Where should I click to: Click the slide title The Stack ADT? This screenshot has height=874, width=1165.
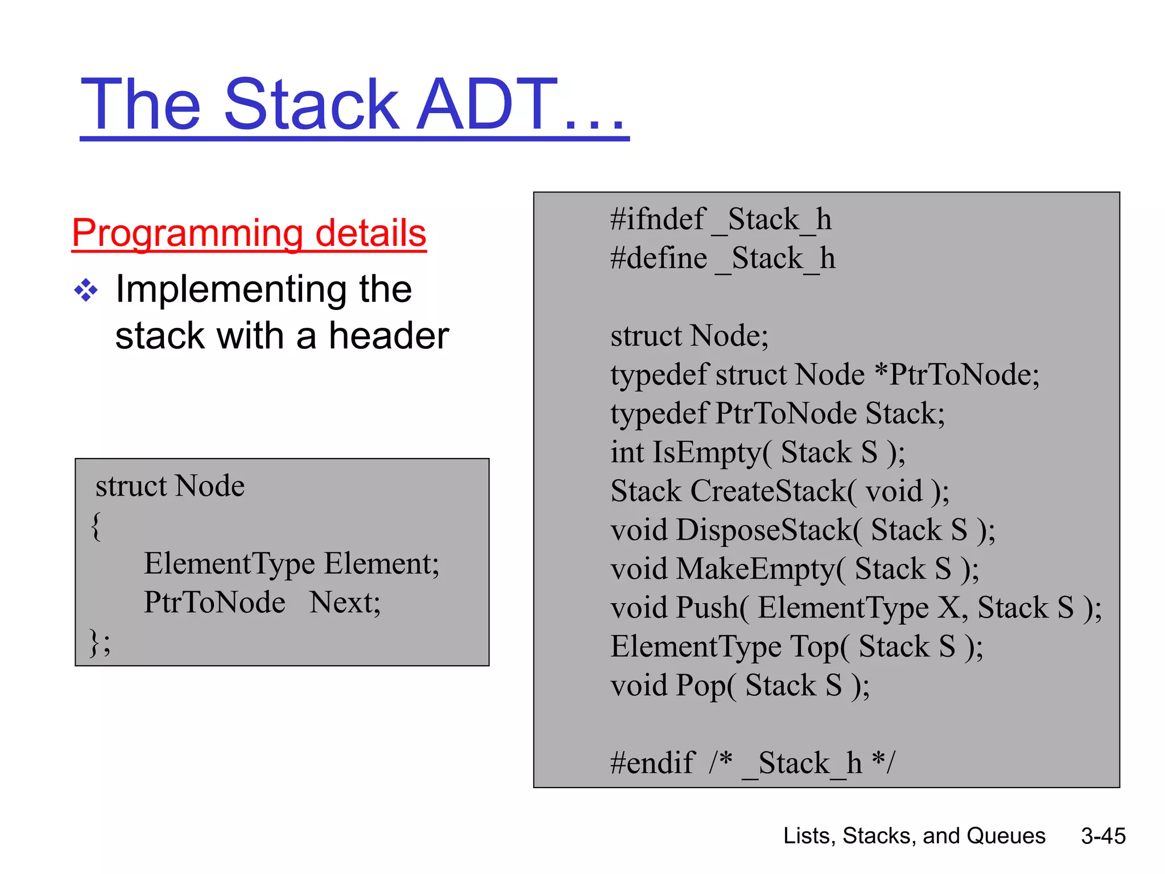click(x=354, y=105)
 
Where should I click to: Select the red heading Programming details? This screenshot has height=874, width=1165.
click(x=249, y=233)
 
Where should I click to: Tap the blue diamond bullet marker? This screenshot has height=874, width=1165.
click(x=86, y=290)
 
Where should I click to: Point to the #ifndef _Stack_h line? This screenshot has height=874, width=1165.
click(x=720, y=220)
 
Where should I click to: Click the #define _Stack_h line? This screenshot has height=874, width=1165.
click(x=722, y=258)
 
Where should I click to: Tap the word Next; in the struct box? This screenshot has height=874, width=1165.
click(x=345, y=603)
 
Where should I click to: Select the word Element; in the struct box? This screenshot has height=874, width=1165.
click(x=382, y=564)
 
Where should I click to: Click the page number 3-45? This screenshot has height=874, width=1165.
click(x=1103, y=836)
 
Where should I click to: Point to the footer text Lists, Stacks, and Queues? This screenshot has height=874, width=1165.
click(x=914, y=836)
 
